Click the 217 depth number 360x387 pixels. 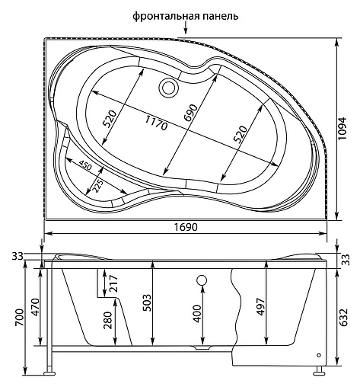click(x=113, y=283)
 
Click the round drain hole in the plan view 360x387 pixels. click(x=167, y=88)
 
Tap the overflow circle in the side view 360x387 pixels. click(x=202, y=280)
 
